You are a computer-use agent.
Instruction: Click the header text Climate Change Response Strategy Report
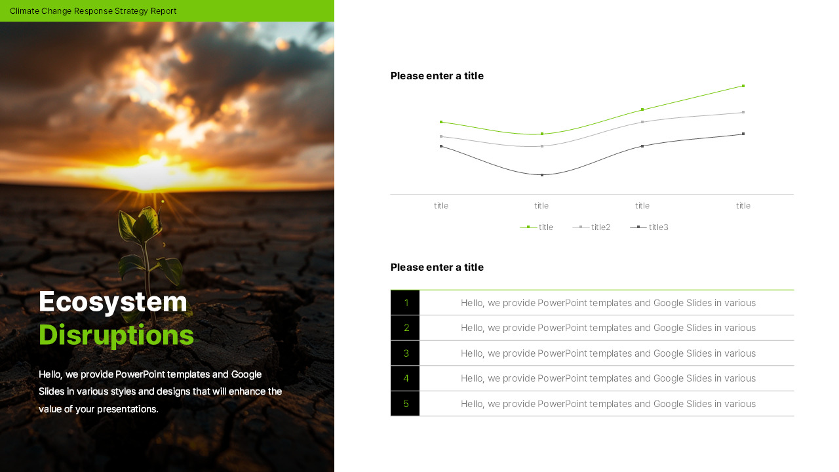(x=93, y=11)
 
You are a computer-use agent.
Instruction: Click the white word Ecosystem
(x=113, y=302)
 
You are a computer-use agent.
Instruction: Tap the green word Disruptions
(x=116, y=335)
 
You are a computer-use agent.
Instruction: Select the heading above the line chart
(x=437, y=75)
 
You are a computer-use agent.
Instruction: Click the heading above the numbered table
(x=437, y=267)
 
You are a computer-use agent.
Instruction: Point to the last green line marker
(x=743, y=86)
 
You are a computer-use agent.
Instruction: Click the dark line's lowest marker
(x=542, y=175)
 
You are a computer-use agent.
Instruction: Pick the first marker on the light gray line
(x=441, y=136)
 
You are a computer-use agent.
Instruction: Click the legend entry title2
(x=591, y=227)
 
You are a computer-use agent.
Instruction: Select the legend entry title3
(x=649, y=227)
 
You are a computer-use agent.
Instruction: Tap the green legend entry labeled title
(x=536, y=227)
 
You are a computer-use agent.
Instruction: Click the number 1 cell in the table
(x=405, y=303)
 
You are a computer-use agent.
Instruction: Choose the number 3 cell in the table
(x=405, y=353)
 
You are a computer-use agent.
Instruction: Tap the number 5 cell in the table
(x=405, y=404)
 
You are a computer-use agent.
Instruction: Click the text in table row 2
(x=608, y=328)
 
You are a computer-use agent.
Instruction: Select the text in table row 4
(x=608, y=378)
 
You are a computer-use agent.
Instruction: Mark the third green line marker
(x=642, y=109)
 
